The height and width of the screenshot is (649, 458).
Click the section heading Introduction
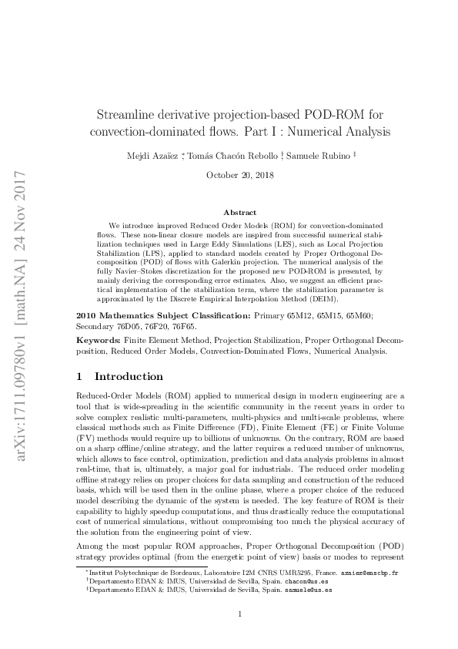(129, 377)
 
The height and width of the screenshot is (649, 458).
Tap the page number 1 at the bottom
(240, 614)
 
